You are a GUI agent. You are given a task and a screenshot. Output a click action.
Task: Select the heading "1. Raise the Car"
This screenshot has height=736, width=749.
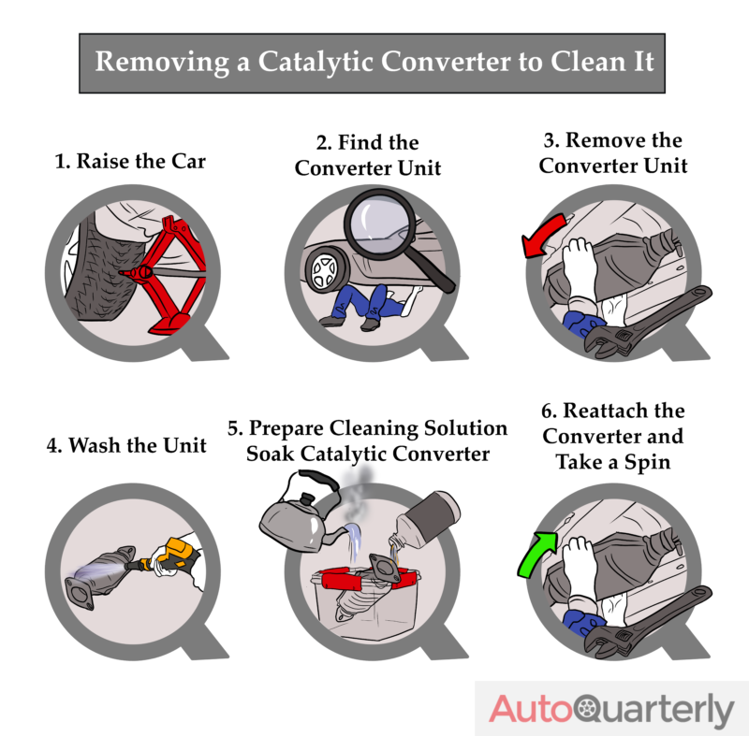tap(130, 161)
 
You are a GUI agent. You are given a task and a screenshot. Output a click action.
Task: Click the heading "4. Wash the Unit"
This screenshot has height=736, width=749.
tap(126, 445)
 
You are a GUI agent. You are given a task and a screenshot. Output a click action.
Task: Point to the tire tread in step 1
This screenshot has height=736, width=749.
tap(94, 271)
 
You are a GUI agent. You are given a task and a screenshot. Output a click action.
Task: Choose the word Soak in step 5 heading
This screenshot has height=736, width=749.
tap(272, 455)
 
